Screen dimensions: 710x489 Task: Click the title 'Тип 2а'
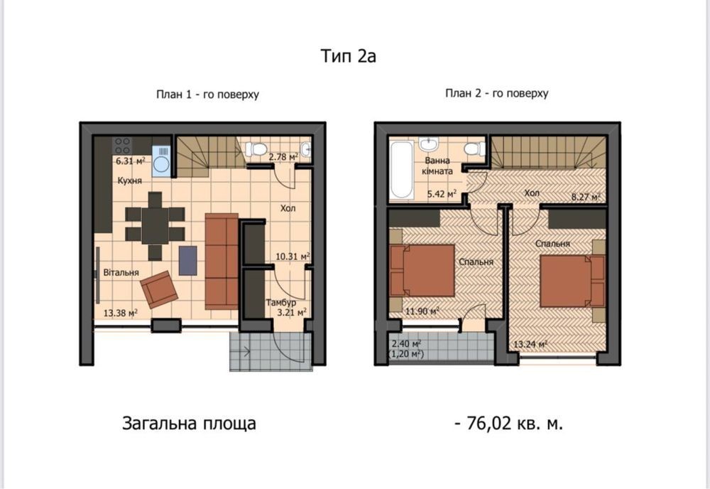click(x=348, y=55)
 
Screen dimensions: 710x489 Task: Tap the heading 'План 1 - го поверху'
click(x=207, y=95)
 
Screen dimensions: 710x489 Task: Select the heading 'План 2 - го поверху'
click(x=497, y=93)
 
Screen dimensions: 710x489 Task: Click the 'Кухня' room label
click(x=129, y=181)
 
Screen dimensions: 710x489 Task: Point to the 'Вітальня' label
click(x=121, y=272)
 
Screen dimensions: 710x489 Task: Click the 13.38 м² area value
click(x=121, y=313)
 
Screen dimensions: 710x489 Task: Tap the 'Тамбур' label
click(x=280, y=302)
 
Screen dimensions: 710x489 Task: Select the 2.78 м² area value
click(x=283, y=157)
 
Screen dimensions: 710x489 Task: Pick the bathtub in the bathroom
click(x=402, y=170)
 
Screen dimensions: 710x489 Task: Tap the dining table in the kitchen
click(x=155, y=225)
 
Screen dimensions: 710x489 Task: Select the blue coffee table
click(x=188, y=261)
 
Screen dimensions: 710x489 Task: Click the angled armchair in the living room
click(x=159, y=289)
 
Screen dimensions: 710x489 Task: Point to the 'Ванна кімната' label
click(x=437, y=166)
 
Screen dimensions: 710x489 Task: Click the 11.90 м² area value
click(x=422, y=311)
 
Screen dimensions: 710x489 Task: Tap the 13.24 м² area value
click(x=530, y=345)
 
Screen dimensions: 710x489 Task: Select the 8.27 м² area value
click(x=586, y=197)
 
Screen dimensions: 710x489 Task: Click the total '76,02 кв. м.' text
click(x=509, y=424)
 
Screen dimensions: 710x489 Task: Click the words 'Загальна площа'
click(x=190, y=424)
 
